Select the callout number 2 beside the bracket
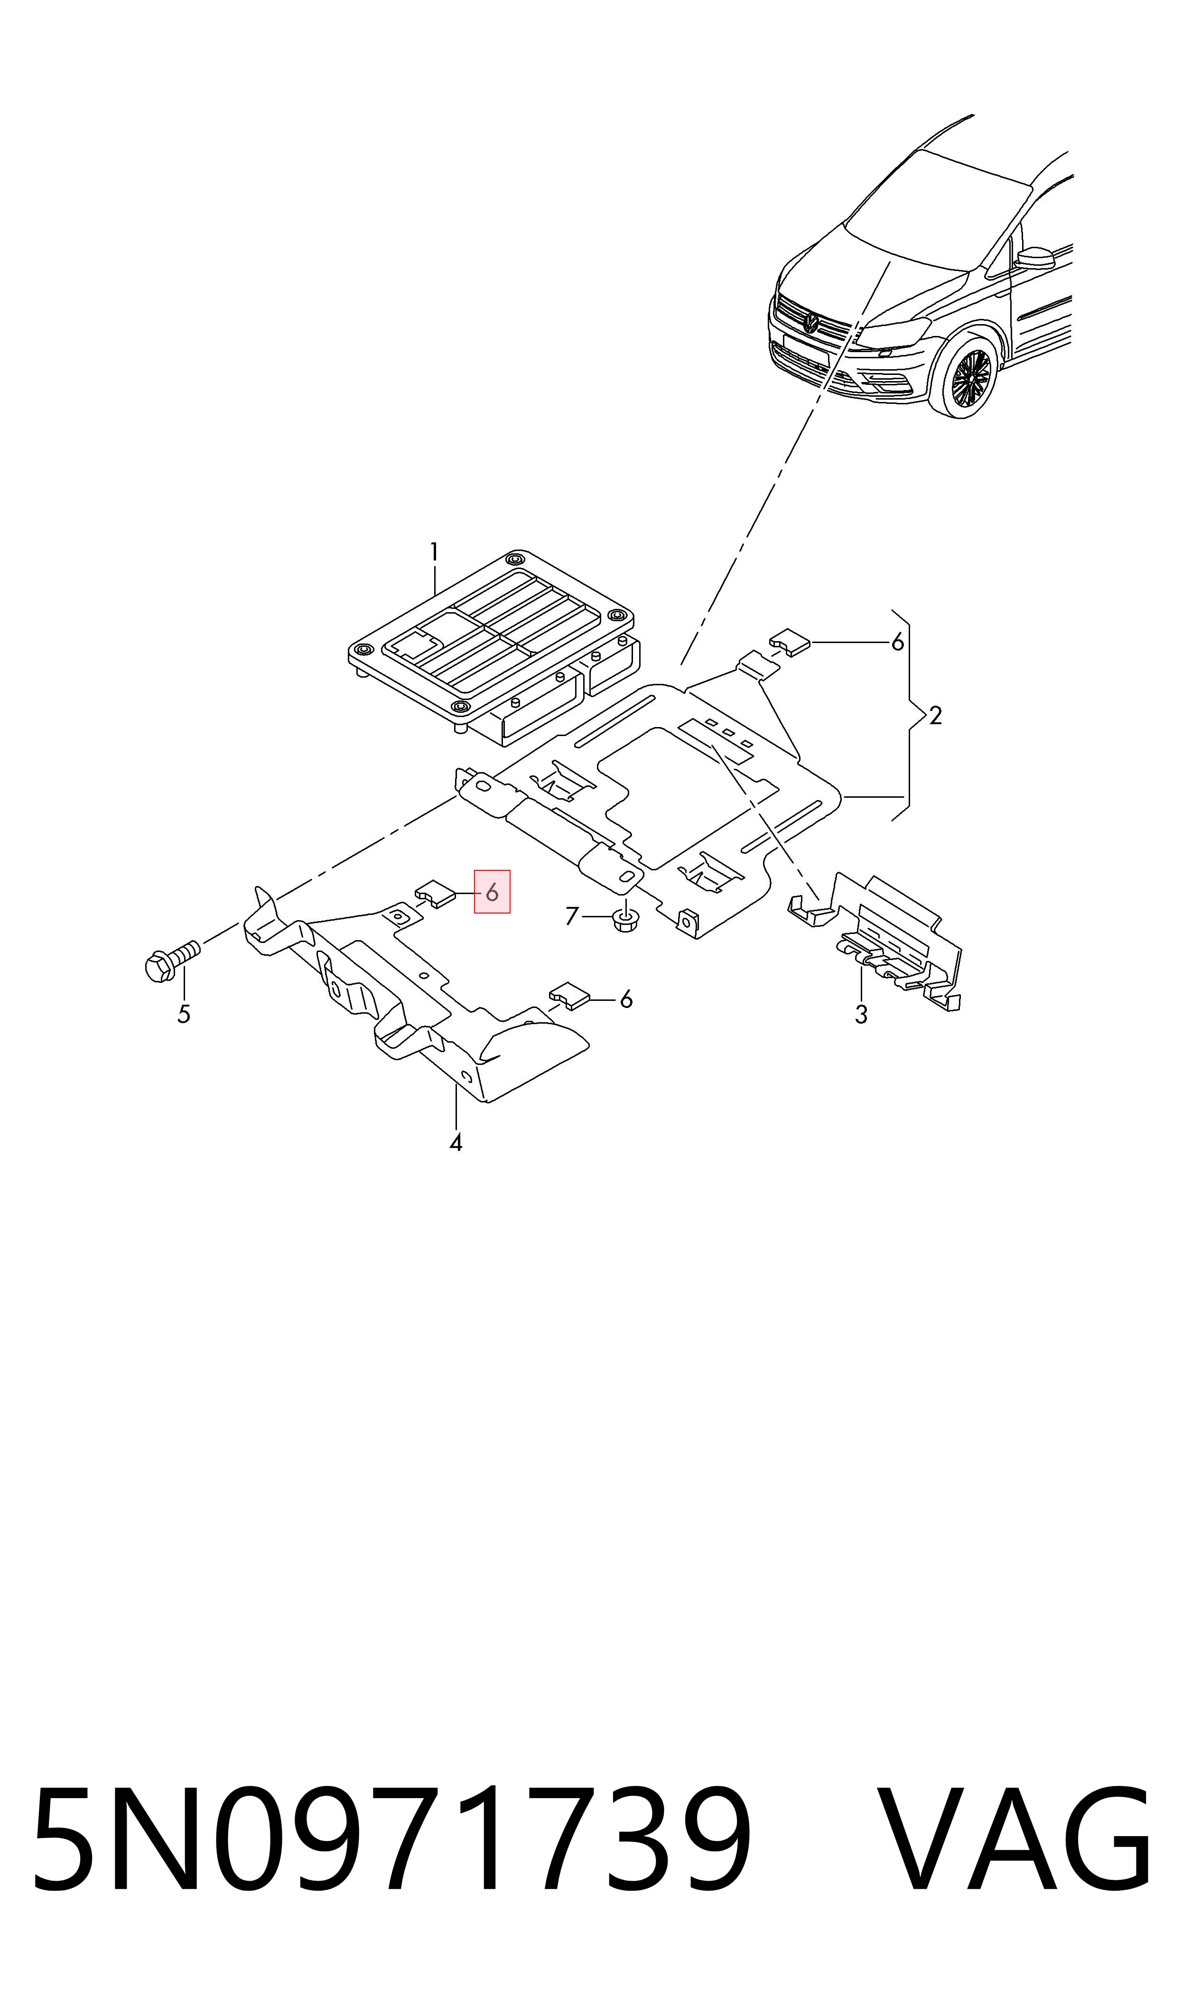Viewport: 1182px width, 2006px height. click(935, 715)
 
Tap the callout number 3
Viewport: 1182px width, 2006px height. click(861, 1015)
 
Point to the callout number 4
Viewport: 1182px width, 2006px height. click(456, 1144)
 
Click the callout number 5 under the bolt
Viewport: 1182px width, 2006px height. click(184, 1015)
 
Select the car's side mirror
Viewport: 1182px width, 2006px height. click(1034, 257)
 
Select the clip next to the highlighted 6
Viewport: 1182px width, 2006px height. click(434, 894)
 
